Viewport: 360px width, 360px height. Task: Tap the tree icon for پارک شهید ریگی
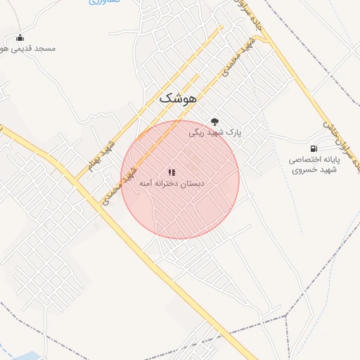coord(214,121)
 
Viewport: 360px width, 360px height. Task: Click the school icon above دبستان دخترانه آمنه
coord(172,172)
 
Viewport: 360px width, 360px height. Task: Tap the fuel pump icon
coord(313,148)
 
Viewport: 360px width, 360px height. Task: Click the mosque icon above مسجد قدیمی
coord(20,37)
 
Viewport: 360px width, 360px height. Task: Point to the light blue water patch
coord(6,351)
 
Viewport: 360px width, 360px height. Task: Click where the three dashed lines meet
coord(286,316)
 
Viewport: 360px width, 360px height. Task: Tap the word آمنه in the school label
coord(147,184)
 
